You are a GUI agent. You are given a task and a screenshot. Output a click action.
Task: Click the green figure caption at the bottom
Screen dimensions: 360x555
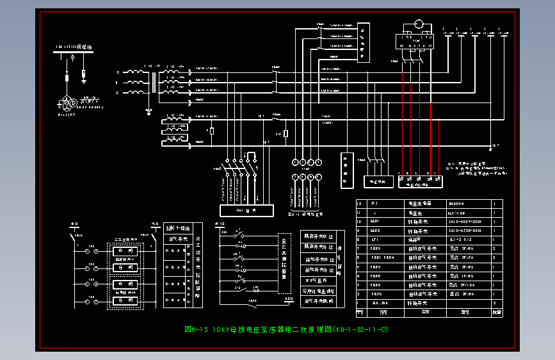pos(286,330)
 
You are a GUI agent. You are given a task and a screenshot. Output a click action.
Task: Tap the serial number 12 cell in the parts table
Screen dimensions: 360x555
pos(359,203)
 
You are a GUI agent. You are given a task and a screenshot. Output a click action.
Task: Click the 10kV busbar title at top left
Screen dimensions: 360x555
pos(74,47)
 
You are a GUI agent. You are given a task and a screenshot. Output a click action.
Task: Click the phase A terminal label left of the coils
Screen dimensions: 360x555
pos(117,73)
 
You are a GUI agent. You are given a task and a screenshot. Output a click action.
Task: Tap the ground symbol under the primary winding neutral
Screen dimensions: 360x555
pos(149,111)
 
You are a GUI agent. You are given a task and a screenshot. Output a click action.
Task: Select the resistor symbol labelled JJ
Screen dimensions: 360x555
pos(286,133)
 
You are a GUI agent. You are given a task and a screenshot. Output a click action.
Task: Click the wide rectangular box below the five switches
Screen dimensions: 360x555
pos(246,209)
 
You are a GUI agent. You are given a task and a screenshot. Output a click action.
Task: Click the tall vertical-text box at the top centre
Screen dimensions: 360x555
pos(362,42)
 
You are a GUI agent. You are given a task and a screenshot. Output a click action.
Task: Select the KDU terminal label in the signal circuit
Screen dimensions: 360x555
pos(289,299)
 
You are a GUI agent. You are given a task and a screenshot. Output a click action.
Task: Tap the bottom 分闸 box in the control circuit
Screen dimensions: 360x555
pos(125,300)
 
